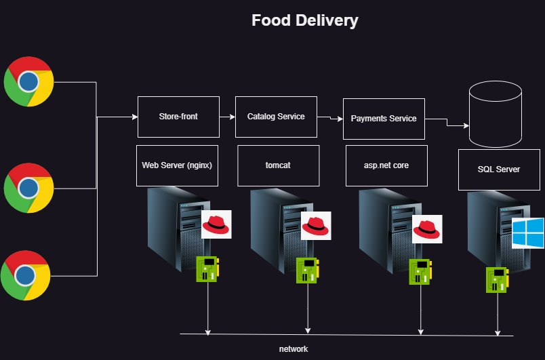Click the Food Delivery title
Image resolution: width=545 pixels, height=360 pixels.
tap(304, 20)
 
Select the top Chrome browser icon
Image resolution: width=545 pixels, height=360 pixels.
tap(28, 82)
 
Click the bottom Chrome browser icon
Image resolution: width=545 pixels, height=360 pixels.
tap(26, 275)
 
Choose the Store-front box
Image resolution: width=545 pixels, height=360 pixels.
tap(179, 117)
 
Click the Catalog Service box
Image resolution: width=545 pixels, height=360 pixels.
tap(276, 117)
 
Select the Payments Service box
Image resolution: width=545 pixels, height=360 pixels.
tap(384, 119)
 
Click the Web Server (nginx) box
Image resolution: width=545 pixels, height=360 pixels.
tap(179, 165)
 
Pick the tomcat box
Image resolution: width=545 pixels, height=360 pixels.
tap(278, 165)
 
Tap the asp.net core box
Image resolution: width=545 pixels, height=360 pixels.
tap(386, 165)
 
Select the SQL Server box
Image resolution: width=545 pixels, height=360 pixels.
tap(499, 169)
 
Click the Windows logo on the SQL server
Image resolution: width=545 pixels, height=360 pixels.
tap(527, 233)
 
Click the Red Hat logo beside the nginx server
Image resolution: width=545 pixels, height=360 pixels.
tap(217, 223)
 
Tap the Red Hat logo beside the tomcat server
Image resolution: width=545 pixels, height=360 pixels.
tap(316, 226)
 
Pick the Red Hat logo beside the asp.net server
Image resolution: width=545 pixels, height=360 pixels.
tap(427, 229)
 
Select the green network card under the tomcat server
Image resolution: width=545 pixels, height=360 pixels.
tap(306, 271)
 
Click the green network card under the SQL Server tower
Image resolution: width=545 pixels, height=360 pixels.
tap(497, 279)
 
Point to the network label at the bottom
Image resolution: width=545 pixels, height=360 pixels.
tap(294, 348)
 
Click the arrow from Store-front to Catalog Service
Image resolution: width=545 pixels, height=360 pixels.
tap(228, 117)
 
